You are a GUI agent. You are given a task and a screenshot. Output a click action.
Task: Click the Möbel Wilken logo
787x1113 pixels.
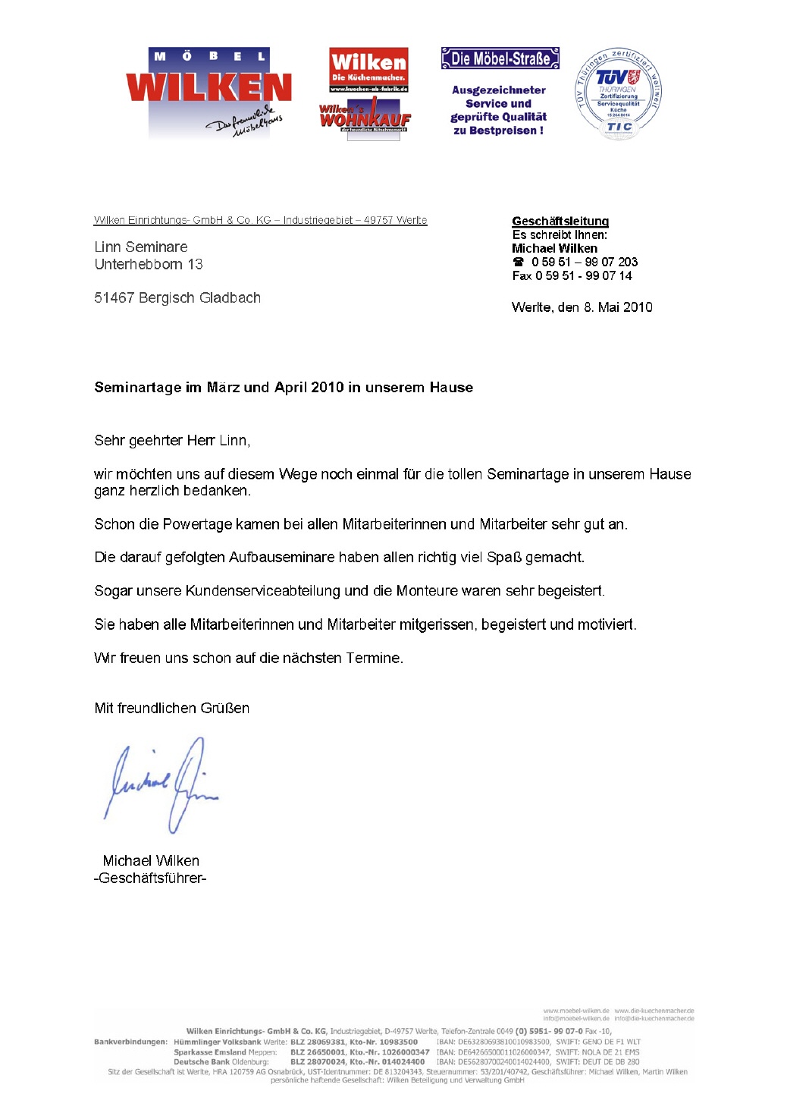coord(209,93)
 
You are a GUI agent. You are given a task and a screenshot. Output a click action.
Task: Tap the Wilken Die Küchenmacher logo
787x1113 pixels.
coord(368,70)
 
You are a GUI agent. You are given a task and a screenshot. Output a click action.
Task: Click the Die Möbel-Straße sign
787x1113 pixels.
coord(500,58)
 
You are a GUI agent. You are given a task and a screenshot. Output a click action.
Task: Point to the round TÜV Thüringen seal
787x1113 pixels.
coord(618,95)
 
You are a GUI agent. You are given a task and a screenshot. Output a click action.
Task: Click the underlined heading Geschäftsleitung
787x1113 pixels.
coord(560,221)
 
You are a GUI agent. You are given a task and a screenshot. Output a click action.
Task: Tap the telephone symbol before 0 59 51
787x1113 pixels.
coord(519,262)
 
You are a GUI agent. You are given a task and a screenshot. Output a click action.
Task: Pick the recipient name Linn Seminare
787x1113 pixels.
coord(141,247)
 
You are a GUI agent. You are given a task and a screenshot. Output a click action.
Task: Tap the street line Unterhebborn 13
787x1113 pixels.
coord(149,264)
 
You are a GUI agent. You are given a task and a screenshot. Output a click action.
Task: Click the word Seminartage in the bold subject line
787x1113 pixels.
coord(137,387)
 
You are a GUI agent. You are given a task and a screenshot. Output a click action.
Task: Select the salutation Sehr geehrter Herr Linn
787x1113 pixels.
coord(172,440)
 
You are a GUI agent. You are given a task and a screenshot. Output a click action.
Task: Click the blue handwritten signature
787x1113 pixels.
coord(161,784)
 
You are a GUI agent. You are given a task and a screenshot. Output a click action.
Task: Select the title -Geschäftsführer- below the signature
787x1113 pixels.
coord(150,878)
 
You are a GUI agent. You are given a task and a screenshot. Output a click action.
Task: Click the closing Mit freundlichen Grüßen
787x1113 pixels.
coord(171,708)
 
